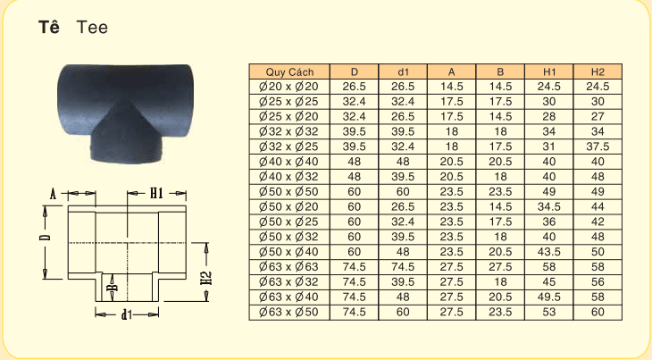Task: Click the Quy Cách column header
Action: pyautogui.click(x=287, y=71)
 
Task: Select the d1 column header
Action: pyautogui.click(x=403, y=71)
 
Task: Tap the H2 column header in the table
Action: pyautogui.click(x=598, y=71)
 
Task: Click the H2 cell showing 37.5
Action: pyautogui.click(x=598, y=147)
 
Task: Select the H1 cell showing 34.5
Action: pyautogui.click(x=549, y=206)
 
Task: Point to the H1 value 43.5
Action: pyautogui.click(x=549, y=252)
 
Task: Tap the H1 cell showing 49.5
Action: pyautogui.click(x=549, y=297)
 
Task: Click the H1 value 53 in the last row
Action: pyautogui.click(x=549, y=312)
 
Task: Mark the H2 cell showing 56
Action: pyautogui.click(x=598, y=282)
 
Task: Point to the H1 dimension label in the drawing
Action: pyautogui.click(x=155, y=192)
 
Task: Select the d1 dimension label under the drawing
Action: pyautogui.click(x=127, y=314)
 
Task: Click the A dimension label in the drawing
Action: pyautogui.click(x=54, y=193)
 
